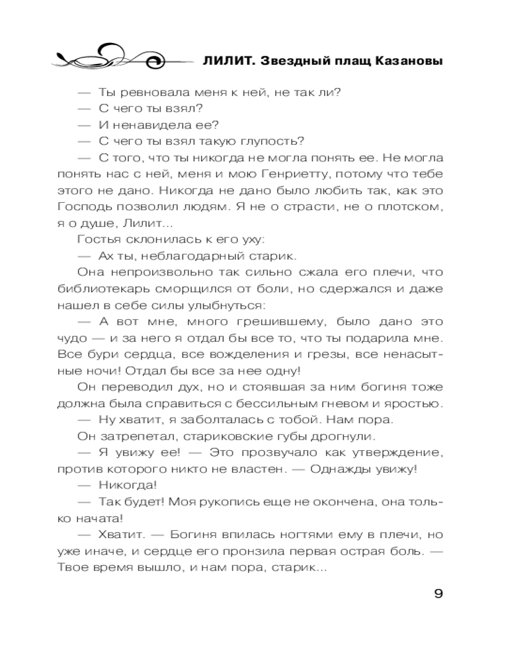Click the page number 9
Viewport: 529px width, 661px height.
pyautogui.click(x=438, y=593)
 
